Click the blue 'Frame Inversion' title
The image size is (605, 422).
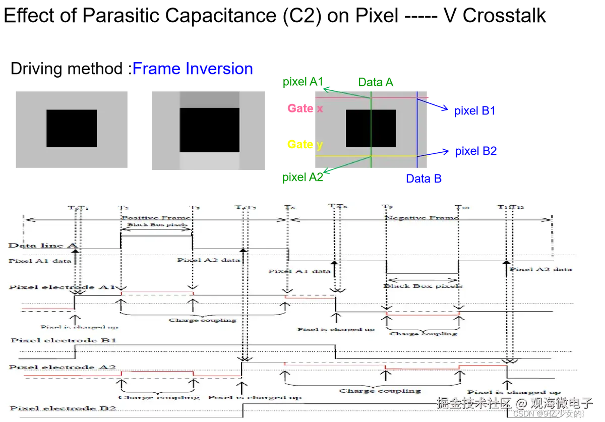click(193, 69)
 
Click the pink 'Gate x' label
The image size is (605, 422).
click(305, 108)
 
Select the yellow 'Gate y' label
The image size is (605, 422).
click(305, 145)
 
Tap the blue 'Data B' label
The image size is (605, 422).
click(424, 178)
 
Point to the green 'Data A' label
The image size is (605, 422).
click(375, 82)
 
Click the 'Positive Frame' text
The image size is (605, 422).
click(156, 218)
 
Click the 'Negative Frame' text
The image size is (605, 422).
click(422, 218)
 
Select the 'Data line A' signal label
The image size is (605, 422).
click(42, 246)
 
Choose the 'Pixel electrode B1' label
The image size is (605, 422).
click(64, 340)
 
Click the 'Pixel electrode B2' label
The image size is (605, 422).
click(64, 408)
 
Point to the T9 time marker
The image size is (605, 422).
click(387, 207)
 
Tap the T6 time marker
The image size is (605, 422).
click(288, 207)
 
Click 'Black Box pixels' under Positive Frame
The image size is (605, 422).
click(157, 225)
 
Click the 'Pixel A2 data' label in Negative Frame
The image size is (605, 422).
click(540, 269)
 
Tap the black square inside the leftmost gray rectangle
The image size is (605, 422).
click(72, 129)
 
